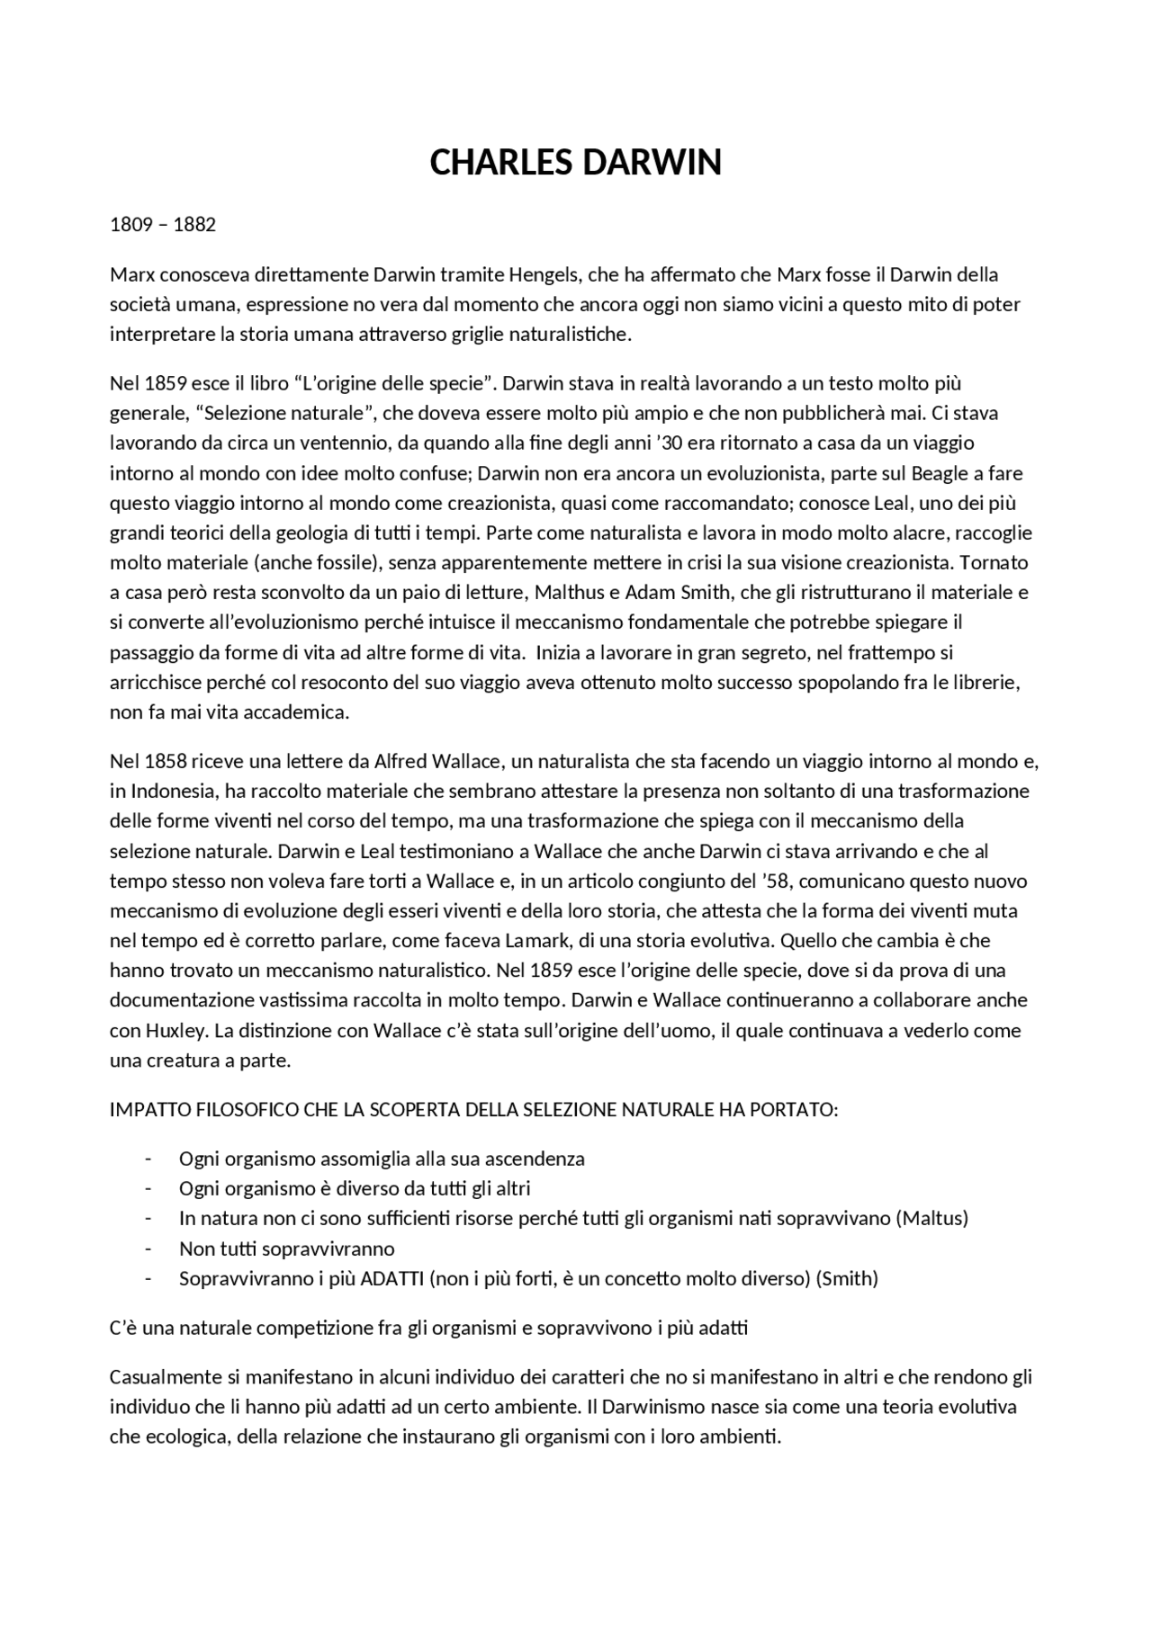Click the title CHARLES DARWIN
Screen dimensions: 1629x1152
pyautogui.click(x=575, y=163)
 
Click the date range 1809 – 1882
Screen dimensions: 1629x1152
pyautogui.click(x=163, y=225)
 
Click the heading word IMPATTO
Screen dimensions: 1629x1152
pyautogui.click(x=149, y=1110)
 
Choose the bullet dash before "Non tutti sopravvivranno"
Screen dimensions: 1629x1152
pyautogui.click(x=148, y=1249)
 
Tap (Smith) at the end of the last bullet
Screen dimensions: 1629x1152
pyautogui.click(x=846, y=1278)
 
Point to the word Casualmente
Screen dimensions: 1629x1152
pyautogui.click(x=164, y=1377)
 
